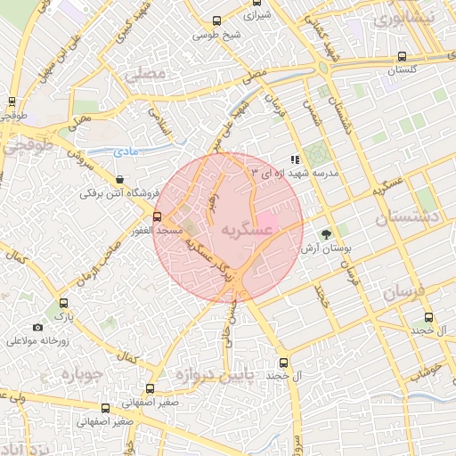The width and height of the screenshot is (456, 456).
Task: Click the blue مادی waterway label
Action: click(x=128, y=153)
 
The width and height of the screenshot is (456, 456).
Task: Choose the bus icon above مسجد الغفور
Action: click(x=157, y=216)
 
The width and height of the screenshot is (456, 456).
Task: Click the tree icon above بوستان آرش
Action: click(x=328, y=233)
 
